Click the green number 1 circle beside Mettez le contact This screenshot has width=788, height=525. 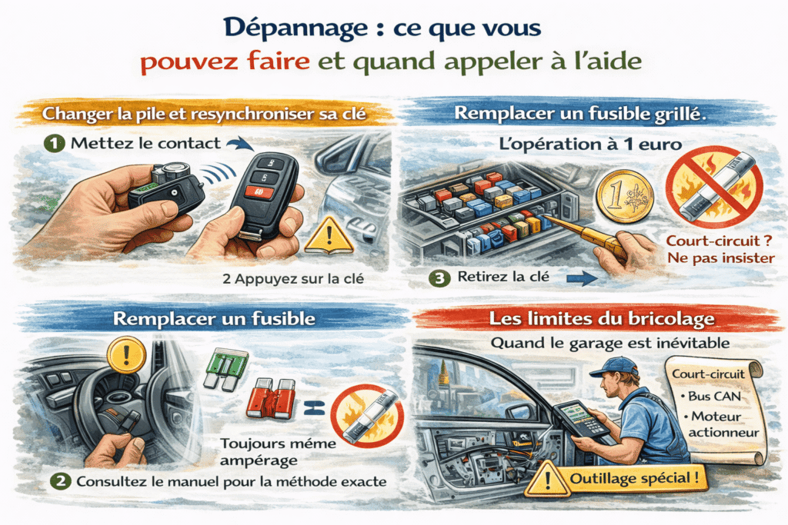pyautogui.click(x=55, y=144)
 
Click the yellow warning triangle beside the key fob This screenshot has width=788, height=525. pyautogui.click(x=329, y=235)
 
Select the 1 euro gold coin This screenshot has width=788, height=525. pyautogui.click(x=625, y=196)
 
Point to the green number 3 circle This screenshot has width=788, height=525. pyautogui.click(x=439, y=278)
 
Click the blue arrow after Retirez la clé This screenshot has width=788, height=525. pyautogui.click(x=582, y=278)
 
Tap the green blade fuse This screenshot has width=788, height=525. pyautogui.click(x=227, y=369)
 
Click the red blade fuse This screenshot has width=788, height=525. pyautogui.click(x=272, y=398)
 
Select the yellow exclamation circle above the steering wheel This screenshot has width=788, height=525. pyautogui.click(x=126, y=355)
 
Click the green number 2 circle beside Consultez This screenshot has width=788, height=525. pyautogui.click(x=60, y=482)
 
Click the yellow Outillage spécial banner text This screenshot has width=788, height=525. pyautogui.click(x=634, y=478)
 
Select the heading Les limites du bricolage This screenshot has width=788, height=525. pyautogui.click(x=602, y=319)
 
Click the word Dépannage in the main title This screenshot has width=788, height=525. pyautogui.click(x=295, y=28)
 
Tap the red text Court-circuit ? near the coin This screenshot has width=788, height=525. pyautogui.click(x=719, y=241)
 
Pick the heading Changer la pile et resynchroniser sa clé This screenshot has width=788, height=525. pyautogui.click(x=204, y=114)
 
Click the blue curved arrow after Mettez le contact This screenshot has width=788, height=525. pyautogui.click(x=240, y=144)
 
